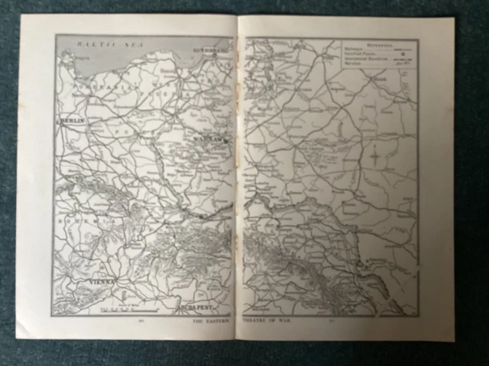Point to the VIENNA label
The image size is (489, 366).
coord(102,281)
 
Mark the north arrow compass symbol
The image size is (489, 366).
coord(376,158)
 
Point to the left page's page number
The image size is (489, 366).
coord(141,321)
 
